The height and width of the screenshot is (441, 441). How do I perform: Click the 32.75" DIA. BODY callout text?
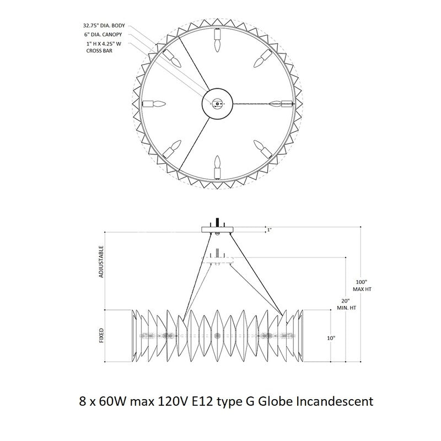104,25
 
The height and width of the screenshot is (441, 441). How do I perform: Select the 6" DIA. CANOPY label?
103,35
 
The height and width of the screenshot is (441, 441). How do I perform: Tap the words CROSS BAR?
99,51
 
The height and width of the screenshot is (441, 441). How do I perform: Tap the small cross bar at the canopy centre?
217,104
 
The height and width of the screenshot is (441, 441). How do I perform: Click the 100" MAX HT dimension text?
362,286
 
